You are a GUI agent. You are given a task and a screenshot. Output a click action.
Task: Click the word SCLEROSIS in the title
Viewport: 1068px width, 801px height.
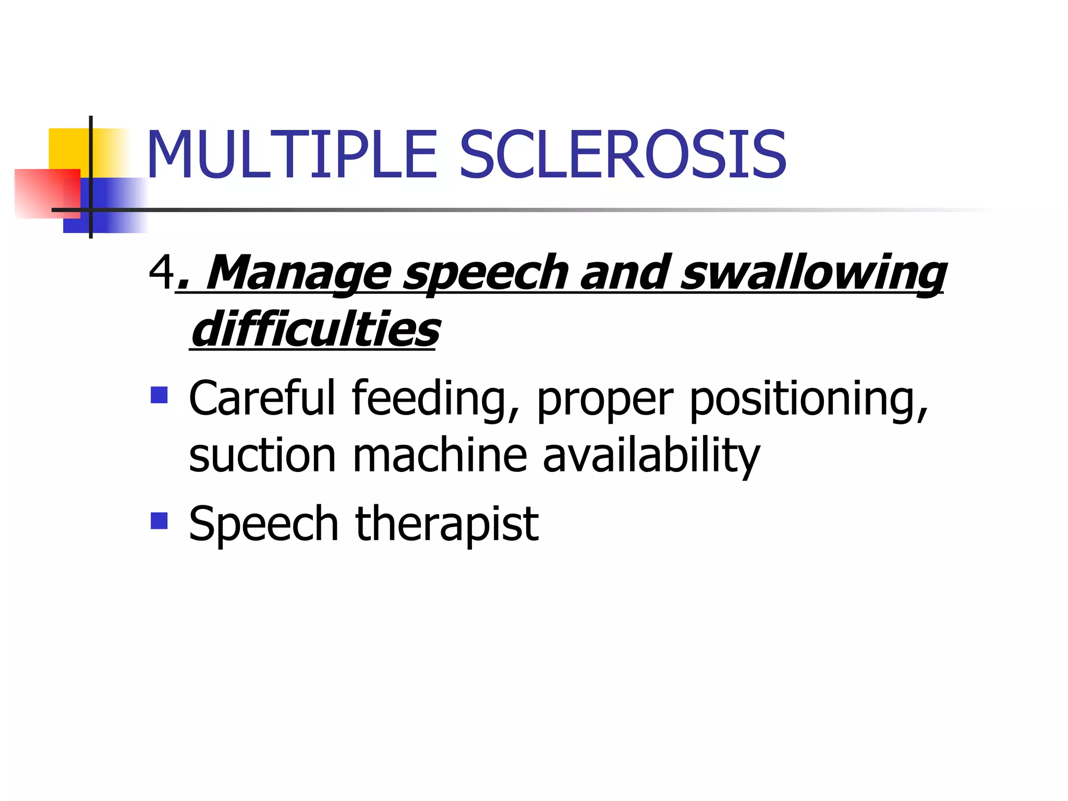point(622,155)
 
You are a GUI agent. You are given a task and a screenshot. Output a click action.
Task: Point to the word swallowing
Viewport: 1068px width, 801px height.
point(814,273)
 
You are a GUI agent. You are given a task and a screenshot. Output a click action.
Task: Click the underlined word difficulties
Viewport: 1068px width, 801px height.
point(315,330)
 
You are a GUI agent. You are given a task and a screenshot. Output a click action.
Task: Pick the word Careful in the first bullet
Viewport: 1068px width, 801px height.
point(262,398)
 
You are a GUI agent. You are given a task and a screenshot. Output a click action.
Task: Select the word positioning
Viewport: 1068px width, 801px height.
point(809,399)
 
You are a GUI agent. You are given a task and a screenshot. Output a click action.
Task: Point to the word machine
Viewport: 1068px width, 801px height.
point(440,455)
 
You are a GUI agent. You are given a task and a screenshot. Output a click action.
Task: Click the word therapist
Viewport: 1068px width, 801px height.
point(447,524)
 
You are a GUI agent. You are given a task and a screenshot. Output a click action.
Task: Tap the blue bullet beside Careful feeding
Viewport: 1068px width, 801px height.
point(159,395)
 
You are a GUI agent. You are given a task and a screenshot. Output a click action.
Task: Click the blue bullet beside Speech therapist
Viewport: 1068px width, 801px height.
point(159,520)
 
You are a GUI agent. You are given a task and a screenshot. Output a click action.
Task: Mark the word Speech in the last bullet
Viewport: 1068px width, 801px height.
point(264,525)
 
